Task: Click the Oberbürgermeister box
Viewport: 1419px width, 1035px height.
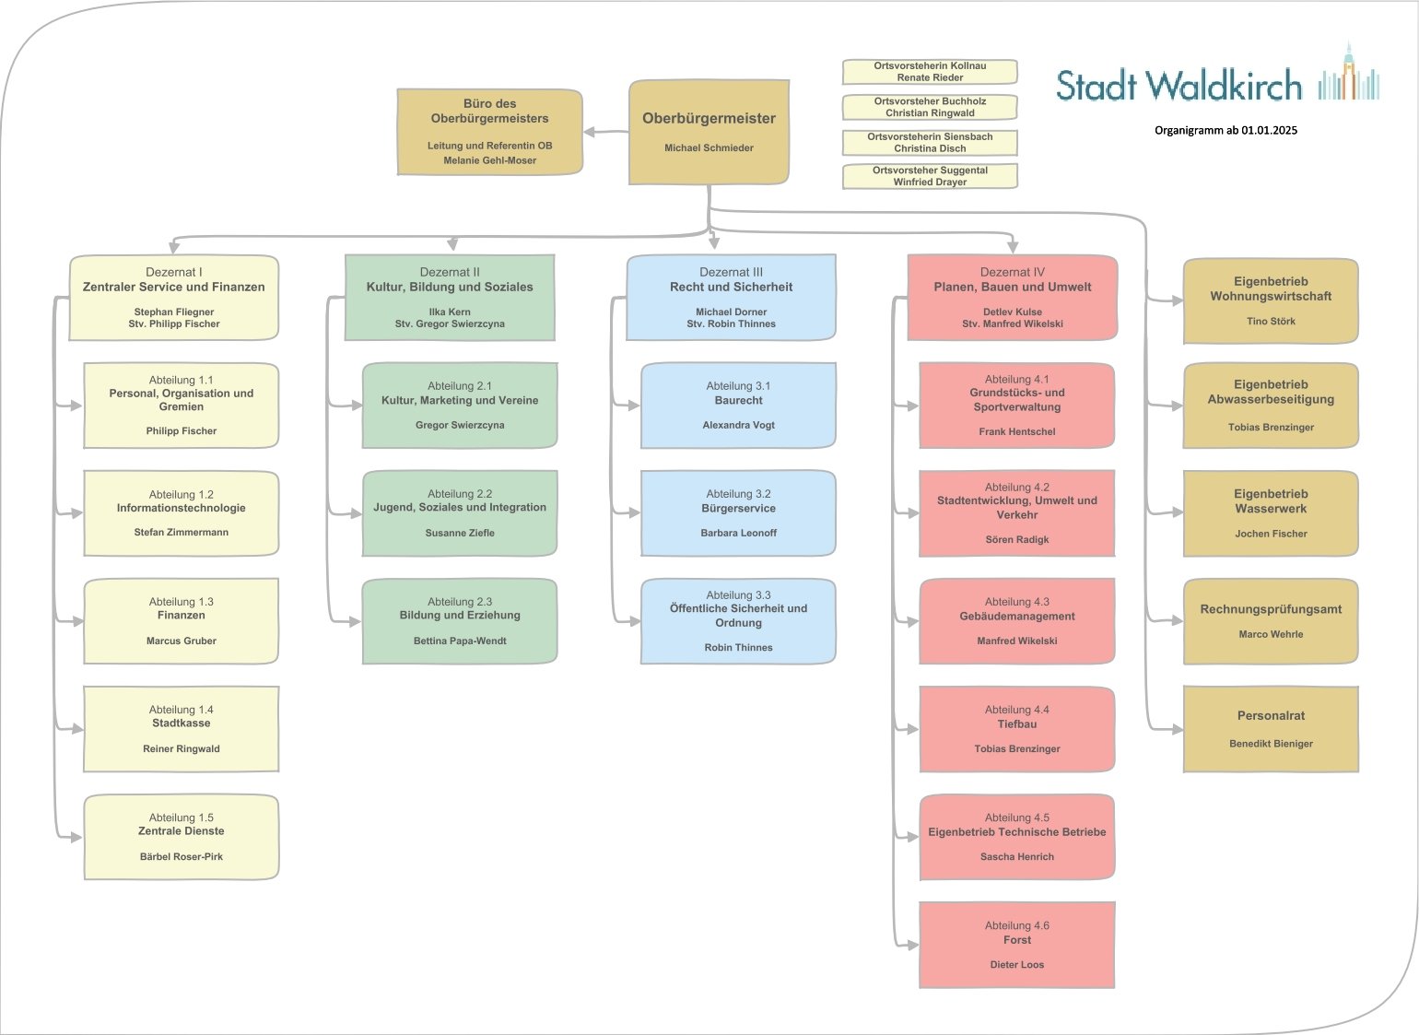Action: [709, 132]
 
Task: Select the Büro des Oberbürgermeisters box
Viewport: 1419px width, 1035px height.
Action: [489, 132]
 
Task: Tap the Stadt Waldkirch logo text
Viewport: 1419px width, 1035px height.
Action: [1179, 86]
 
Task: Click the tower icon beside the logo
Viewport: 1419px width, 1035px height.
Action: [1349, 73]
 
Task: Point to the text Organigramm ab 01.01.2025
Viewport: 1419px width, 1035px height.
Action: [1225, 130]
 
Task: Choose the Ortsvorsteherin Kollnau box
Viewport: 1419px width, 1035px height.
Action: [930, 72]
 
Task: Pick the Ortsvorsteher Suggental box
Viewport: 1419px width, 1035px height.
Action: [930, 176]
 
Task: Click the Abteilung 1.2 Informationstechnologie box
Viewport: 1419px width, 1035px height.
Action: [181, 513]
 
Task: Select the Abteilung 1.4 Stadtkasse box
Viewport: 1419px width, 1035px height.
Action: [181, 729]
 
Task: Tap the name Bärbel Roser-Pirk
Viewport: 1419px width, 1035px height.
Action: [182, 857]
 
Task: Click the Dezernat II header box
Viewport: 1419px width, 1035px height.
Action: [450, 298]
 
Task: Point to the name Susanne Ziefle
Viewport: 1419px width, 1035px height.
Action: [460, 534]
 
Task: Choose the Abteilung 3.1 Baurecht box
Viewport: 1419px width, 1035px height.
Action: [738, 406]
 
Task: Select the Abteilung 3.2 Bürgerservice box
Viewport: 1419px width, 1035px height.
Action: [738, 513]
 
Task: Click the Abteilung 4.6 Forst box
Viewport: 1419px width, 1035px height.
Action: [1016, 945]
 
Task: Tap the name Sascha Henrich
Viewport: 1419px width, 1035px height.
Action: [1017, 857]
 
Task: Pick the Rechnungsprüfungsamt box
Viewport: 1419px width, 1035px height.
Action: [1271, 621]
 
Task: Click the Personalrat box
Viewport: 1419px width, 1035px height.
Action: [1271, 729]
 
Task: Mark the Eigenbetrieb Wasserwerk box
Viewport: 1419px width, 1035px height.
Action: [1271, 513]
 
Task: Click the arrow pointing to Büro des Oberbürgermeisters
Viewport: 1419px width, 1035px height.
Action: [595, 133]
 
